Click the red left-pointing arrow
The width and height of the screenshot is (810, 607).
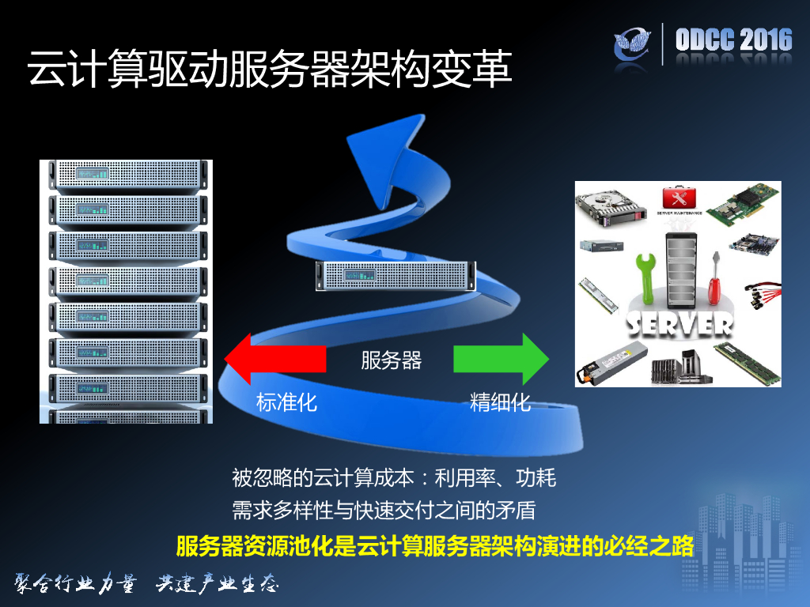[273, 358]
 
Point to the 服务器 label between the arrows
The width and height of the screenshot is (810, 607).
[391, 360]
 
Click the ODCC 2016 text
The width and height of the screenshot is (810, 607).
[733, 40]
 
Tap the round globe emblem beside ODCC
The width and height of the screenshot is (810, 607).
[637, 44]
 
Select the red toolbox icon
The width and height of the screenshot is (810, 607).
[677, 198]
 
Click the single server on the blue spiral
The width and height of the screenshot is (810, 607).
[394, 275]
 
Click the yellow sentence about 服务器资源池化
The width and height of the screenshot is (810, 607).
[434, 546]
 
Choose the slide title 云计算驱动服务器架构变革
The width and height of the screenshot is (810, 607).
[269, 70]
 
